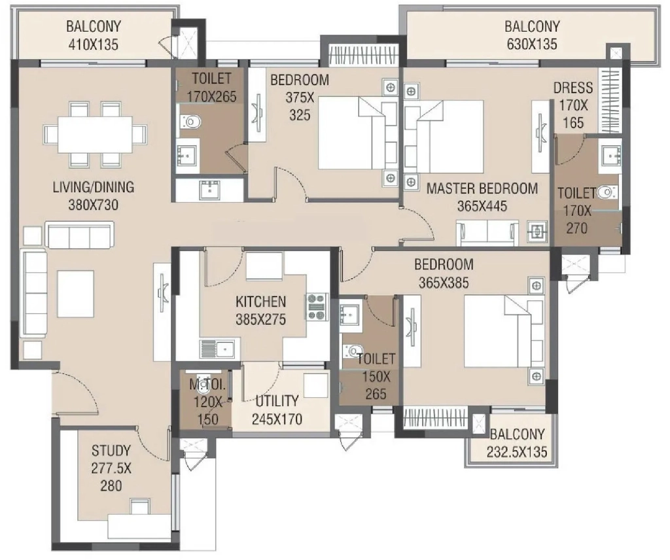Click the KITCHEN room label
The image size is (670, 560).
(x=260, y=302)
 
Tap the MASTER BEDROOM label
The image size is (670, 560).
(x=482, y=188)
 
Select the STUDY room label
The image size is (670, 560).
(x=111, y=450)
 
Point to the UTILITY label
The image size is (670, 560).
(x=277, y=400)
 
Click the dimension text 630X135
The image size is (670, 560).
(x=532, y=44)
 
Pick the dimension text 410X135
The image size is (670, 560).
(x=93, y=44)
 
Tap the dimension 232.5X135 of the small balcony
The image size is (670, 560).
(x=517, y=452)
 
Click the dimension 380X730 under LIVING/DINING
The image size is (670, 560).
(x=93, y=205)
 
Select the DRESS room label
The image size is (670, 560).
(x=573, y=88)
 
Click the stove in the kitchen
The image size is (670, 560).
(x=317, y=307)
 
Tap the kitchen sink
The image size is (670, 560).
(x=216, y=349)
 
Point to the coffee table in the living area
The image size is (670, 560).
(x=76, y=294)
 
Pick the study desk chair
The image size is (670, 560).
(x=140, y=507)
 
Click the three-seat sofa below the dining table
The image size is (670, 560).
(x=80, y=234)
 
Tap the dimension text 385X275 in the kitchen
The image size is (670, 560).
(x=260, y=319)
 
